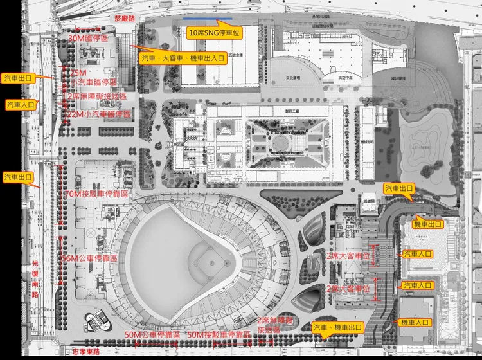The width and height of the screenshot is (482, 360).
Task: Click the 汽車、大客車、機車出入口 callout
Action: tap(183, 58)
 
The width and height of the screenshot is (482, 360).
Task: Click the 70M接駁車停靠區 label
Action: tap(96, 194)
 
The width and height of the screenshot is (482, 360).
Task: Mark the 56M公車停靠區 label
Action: tap(89, 258)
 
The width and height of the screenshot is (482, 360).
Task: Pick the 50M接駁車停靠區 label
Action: tap(219, 335)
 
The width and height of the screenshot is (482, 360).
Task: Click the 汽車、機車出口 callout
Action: tap(337, 328)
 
